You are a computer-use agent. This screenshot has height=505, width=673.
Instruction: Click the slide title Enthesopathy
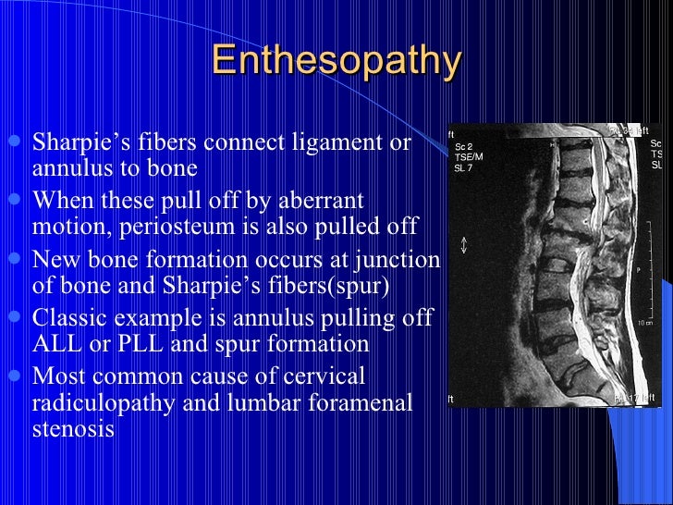point(336,62)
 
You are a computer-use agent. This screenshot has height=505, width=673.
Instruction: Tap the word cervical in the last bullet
point(325,376)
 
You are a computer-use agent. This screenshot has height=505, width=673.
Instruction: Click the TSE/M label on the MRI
point(469,156)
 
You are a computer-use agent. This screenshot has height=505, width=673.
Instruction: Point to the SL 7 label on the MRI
point(463,167)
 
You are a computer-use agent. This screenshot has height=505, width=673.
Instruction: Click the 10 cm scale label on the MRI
point(644,324)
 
